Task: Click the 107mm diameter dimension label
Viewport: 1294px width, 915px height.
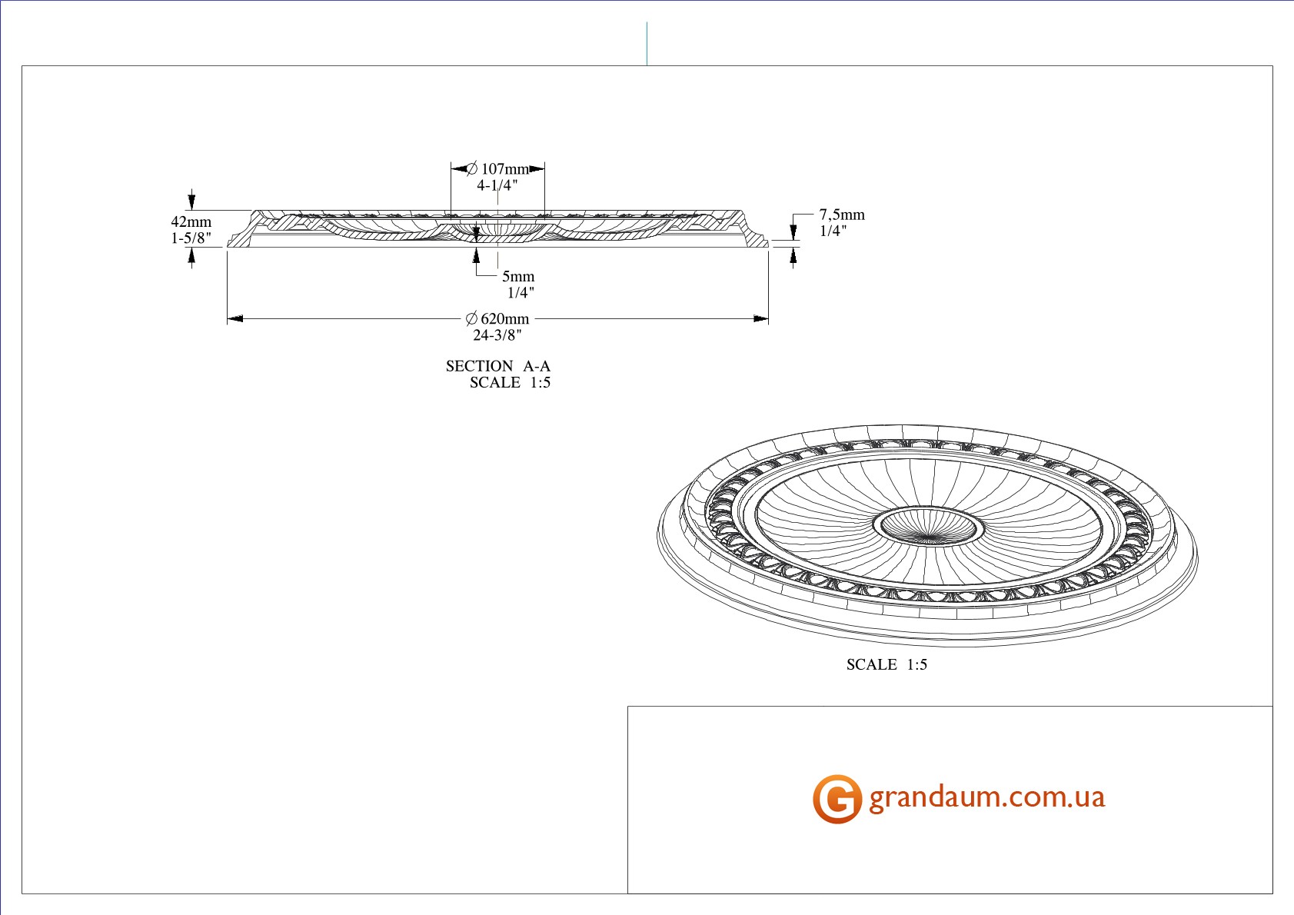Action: (505, 168)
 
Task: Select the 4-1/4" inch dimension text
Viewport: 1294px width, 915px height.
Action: (497, 185)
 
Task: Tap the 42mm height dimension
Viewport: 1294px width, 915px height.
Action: (191, 221)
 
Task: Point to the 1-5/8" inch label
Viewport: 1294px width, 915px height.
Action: (191, 238)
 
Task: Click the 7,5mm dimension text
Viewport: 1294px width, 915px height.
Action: (842, 215)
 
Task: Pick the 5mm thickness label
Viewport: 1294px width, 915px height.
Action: (518, 276)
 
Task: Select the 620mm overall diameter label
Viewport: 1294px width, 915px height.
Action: (505, 319)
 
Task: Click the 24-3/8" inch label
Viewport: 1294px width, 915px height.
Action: (497, 335)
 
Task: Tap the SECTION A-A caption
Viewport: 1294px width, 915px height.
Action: (498, 366)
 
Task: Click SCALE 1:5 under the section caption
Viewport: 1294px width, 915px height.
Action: (510, 382)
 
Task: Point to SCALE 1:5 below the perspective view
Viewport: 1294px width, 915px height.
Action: (887, 665)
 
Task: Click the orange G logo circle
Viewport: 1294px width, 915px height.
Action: (837, 799)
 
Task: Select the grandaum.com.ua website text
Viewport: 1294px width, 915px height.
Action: (987, 797)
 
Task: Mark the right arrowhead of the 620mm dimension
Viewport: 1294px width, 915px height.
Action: (760, 319)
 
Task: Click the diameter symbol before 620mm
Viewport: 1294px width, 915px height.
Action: (472, 319)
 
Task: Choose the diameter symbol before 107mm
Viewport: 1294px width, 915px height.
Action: (472, 168)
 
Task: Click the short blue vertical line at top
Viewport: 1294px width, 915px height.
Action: (647, 44)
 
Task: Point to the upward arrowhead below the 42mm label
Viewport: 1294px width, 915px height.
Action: (191, 255)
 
